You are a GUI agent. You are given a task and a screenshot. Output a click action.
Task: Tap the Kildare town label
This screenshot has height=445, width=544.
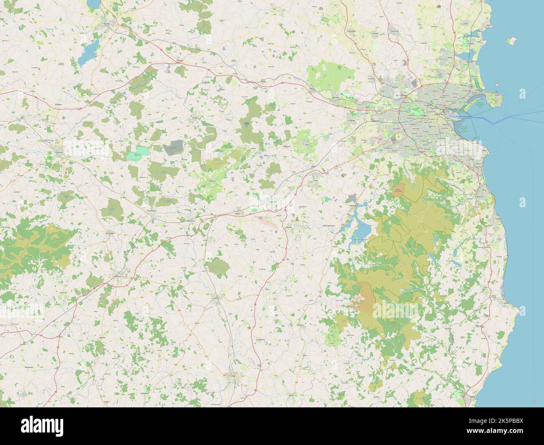click(238, 213)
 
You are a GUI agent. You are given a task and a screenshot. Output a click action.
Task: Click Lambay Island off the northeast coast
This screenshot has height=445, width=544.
click(510, 41)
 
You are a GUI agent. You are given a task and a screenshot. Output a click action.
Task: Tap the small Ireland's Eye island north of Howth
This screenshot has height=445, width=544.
click(497, 86)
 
